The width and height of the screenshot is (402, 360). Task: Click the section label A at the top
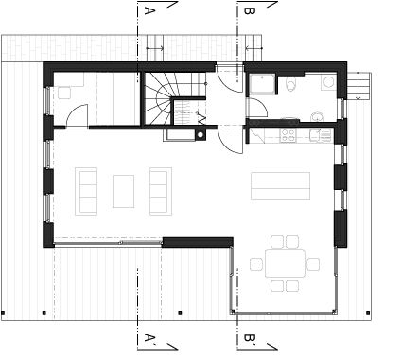(x=149, y=10)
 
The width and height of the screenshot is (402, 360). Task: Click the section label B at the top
(x=250, y=10)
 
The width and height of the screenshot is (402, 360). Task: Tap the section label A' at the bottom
(x=150, y=338)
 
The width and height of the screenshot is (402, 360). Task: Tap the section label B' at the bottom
(x=250, y=338)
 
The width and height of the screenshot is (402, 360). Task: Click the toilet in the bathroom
(x=291, y=84)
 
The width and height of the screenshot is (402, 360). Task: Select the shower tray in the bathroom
(x=262, y=84)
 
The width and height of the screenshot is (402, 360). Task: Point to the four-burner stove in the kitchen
(x=288, y=135)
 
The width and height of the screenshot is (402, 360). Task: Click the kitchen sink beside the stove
(x=320, y=135)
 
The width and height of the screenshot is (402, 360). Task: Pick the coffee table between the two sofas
(x=123, y=191)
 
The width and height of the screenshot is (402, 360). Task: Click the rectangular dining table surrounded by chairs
(x=286, y=264)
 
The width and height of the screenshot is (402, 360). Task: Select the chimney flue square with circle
(x=201, y=135)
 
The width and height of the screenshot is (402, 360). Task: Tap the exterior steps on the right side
(x=359, y=86)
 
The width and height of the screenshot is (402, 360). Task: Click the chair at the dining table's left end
(x=256, y=265)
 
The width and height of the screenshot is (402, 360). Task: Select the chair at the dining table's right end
(x=313, y=265)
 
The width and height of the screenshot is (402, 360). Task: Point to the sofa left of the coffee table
(x=86, y=192)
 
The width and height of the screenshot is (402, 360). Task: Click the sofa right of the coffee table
(x=161, y=192)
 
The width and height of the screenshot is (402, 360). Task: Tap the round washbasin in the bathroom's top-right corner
(x=328, y=82)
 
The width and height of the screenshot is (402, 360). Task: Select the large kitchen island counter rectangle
(x=281, y=186)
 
